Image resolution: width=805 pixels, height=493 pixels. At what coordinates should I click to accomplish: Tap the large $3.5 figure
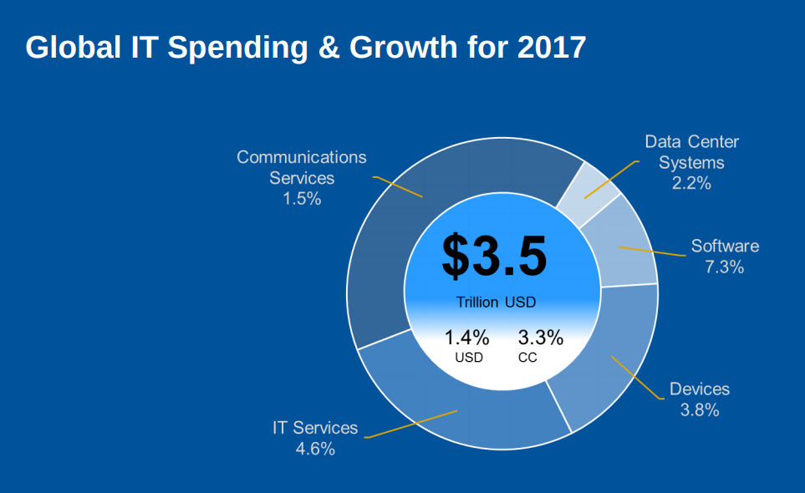(x=494, y=256)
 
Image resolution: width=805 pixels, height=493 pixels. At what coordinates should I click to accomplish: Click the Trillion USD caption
(x=496, y=302)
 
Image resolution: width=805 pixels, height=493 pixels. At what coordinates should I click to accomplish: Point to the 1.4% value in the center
(x=466, y=338)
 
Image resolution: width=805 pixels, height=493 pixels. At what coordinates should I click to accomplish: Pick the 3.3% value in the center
(x=541, y=338)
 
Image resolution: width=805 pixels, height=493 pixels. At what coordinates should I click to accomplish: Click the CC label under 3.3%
(x=527, y=358)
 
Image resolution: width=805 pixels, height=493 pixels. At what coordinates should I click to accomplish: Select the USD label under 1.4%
(x=469, y=358)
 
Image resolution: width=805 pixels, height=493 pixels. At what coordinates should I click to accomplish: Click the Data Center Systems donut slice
(x=588, y=194)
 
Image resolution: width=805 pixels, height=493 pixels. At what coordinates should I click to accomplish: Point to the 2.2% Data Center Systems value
(x=691, y=183)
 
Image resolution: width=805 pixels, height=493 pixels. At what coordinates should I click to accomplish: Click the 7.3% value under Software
(x=724, y=267)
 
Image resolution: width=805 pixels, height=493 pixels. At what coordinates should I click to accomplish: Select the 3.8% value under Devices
(x=700, y=410)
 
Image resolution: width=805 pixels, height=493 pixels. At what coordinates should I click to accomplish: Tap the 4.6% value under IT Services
(x=315, y=449)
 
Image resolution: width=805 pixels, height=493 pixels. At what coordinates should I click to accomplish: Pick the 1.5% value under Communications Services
(x=302, y=199)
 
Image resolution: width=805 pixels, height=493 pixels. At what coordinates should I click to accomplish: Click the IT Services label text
(x=315, y=428)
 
